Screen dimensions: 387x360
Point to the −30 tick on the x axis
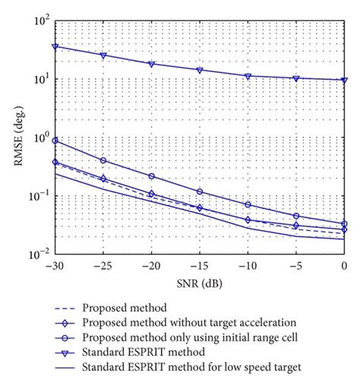point(54,266)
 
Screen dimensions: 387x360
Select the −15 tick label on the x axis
point(199,266)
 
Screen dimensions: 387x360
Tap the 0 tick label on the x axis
point(344,266)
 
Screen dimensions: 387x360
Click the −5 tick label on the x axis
point(295,266)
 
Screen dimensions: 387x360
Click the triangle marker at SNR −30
point(55,46)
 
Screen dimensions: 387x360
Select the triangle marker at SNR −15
point(200,70)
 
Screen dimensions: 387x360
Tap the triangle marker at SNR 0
point(344,80)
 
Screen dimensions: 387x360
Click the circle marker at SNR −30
point(55,141)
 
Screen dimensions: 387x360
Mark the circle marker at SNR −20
point(151,176)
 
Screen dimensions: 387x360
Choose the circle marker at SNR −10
point(248,205)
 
